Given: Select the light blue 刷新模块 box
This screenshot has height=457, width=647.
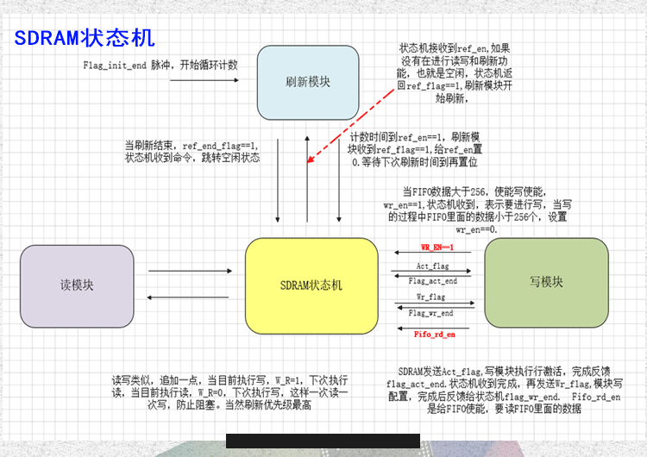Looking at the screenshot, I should click(309, 83).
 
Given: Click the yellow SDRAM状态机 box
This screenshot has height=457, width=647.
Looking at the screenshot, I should click(311, 285).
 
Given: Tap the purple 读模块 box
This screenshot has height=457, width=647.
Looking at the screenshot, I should click(77, 285).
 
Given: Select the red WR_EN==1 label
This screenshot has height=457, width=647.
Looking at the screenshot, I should click(431, 247).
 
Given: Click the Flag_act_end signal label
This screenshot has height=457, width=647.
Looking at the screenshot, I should click(432, 281).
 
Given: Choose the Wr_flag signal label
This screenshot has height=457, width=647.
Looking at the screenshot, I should click(431, 297).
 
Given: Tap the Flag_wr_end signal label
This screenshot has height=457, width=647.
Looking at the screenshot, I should click(431, 313).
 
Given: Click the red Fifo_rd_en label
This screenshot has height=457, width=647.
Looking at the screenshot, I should click(434, 334).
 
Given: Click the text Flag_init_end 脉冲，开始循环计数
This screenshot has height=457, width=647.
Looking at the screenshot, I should click(160, 65).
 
